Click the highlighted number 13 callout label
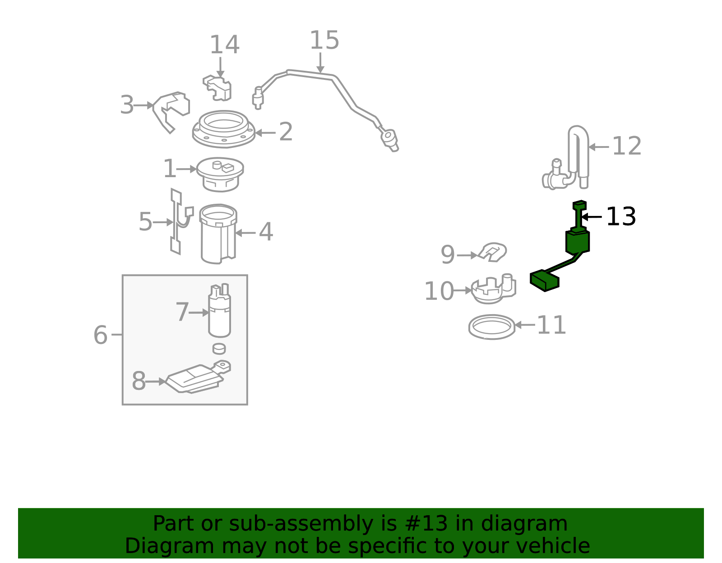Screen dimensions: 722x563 (x=620, y=217)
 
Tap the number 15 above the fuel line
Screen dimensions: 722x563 (x=324, y=41)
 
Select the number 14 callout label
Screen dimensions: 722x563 (x=224, y=45)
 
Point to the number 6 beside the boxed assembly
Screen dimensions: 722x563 (x=100, y=335)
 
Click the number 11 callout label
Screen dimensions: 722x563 (x=551, y=325)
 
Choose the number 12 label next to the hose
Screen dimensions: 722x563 (x=627, y=146)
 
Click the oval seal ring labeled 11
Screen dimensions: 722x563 (x=492, y=327)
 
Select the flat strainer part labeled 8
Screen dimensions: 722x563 (x=198, y=377)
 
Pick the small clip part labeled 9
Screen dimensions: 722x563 (x=492, y=252)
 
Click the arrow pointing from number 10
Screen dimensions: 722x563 (x=462, y=291)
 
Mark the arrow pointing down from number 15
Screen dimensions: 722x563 (x=320, y=62)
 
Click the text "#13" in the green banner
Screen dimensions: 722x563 (x=426, y=523)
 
